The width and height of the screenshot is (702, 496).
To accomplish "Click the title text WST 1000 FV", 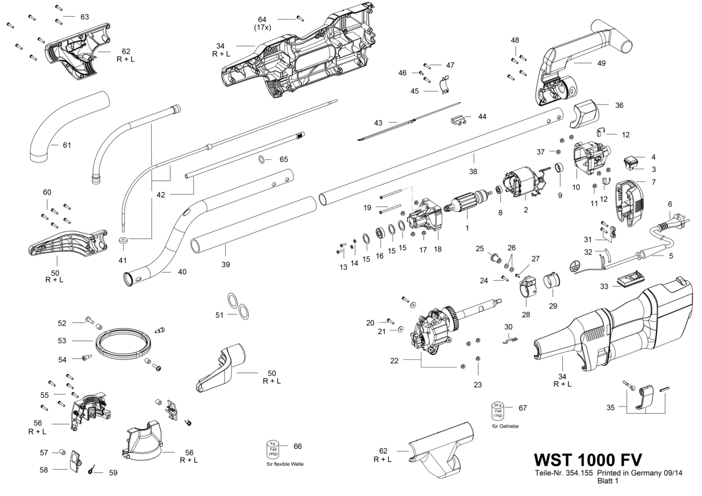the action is (x=588, y=460).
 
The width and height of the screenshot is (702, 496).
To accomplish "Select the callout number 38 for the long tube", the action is (x=473, y=171).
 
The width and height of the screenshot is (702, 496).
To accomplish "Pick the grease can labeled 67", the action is (x=498, y=410).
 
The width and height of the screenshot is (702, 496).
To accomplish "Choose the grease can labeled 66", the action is (x=273, y=449).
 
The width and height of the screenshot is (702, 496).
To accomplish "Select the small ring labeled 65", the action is (x=261, y=160).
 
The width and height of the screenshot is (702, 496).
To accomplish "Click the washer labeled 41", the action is (x=124, y=241).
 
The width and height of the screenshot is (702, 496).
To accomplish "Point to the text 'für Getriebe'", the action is (x=505, y=426).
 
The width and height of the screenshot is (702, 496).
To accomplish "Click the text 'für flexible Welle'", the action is (x=285, y=464).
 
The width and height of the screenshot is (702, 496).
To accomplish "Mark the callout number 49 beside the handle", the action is (x=601, y=63).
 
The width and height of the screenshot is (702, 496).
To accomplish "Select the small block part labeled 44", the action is (x=457, y=121).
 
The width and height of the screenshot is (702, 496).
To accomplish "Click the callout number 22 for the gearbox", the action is (x=394, y=361).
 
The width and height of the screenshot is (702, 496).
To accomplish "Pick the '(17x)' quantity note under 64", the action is (x=262, y=28).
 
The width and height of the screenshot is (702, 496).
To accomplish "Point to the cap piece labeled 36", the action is (x=584, y=114).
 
